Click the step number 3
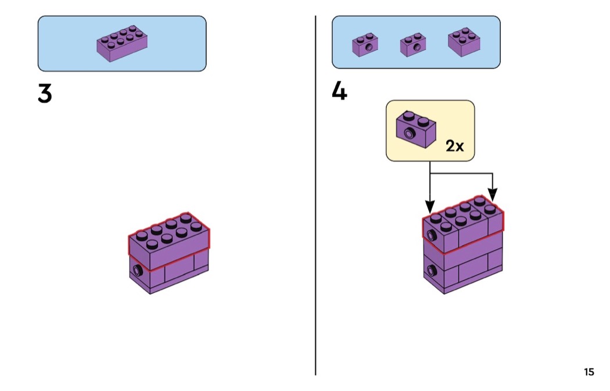[45, 94]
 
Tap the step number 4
[339, 91]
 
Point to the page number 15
[589, 372]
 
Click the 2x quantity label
[455, 145]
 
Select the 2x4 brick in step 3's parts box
[121, 44]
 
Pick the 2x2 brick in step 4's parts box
[464, 42]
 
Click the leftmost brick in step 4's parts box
[365, 45]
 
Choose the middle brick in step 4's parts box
[413, 46]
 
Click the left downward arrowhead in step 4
[430, 206]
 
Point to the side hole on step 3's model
[138, 270]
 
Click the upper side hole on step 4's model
[432, 235]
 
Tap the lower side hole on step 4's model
[432, 270]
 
